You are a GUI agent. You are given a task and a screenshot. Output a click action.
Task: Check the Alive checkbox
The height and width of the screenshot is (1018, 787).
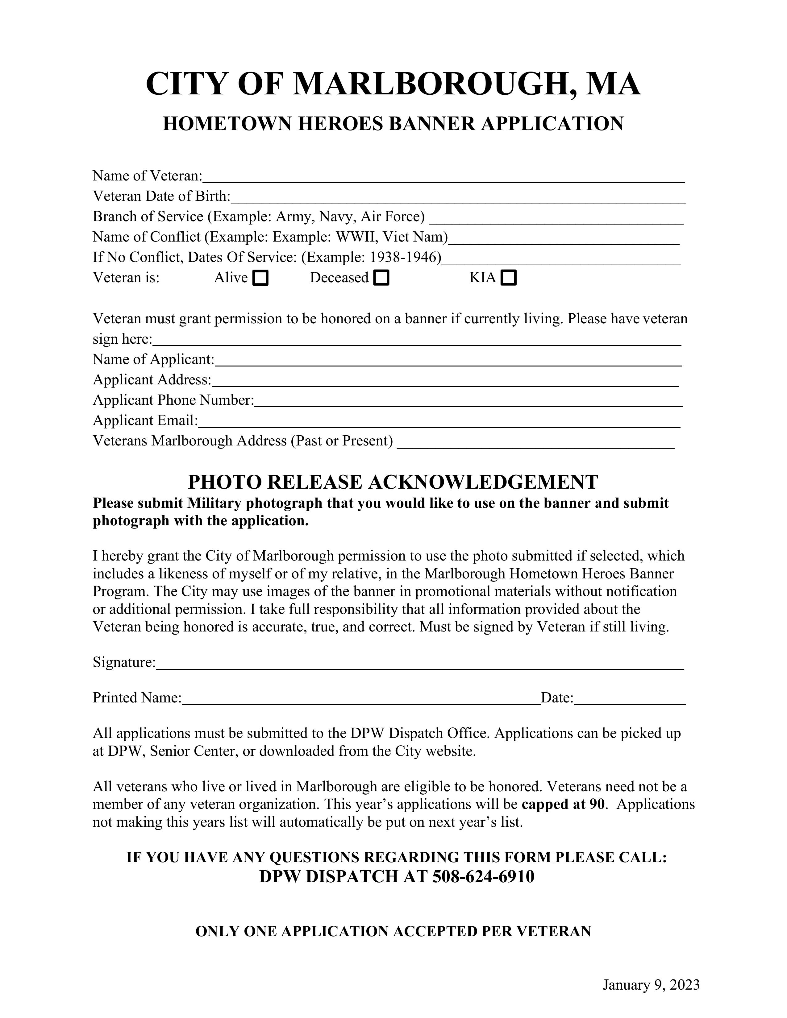260,278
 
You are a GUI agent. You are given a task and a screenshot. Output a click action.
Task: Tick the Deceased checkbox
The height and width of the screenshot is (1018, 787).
381,278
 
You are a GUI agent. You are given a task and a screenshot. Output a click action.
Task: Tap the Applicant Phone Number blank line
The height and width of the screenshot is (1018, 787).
468,402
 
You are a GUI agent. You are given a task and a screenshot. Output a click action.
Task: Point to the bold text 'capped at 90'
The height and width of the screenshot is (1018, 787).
563,804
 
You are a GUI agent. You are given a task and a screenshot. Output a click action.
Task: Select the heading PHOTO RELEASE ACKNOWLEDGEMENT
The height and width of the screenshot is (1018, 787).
393,482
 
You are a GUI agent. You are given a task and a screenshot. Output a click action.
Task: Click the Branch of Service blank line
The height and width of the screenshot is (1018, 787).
556,219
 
